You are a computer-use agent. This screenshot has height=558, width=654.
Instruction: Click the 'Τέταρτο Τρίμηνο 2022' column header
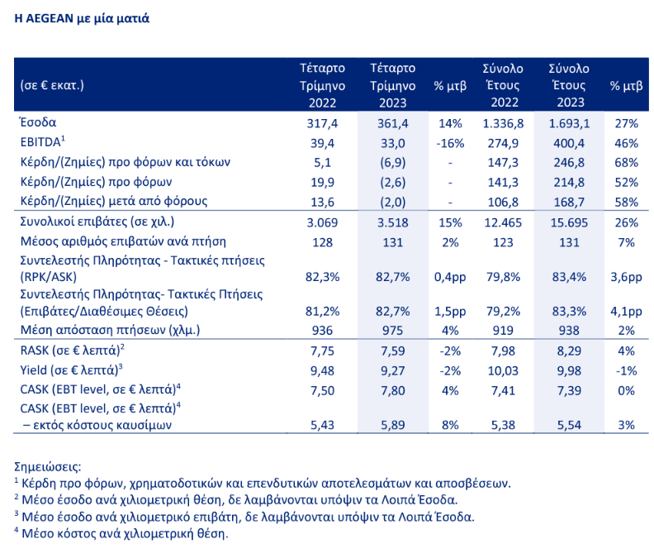(322, 85)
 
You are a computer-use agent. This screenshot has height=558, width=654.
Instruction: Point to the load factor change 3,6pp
(625, 278)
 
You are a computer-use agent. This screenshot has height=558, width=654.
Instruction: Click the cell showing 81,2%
(322, 311)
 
